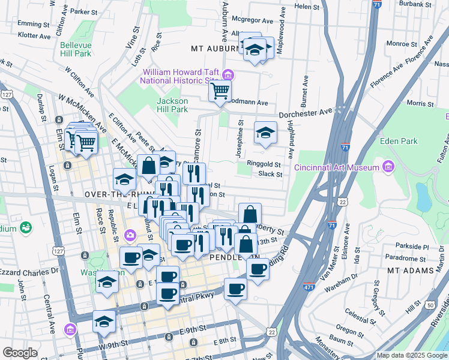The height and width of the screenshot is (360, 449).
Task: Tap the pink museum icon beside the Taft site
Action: (x=228, y=75)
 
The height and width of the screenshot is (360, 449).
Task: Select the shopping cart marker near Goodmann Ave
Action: (x=220, y=91)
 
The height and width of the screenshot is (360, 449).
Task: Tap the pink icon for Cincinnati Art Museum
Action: (x=388, y=166)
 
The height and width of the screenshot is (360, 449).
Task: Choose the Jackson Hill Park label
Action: (x=172, y=105)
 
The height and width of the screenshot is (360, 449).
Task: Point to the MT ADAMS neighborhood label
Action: (x=410, y=271)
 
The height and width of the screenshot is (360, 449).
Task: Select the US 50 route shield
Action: (x=430, y=305)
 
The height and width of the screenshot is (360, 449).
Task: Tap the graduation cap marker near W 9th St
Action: (x=104, y=322)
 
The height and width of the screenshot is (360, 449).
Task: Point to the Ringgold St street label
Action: (x=267, y=164)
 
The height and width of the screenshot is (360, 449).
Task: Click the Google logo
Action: (x=20, y=353)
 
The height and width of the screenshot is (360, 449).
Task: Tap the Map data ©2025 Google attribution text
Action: (x=411, y=355)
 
